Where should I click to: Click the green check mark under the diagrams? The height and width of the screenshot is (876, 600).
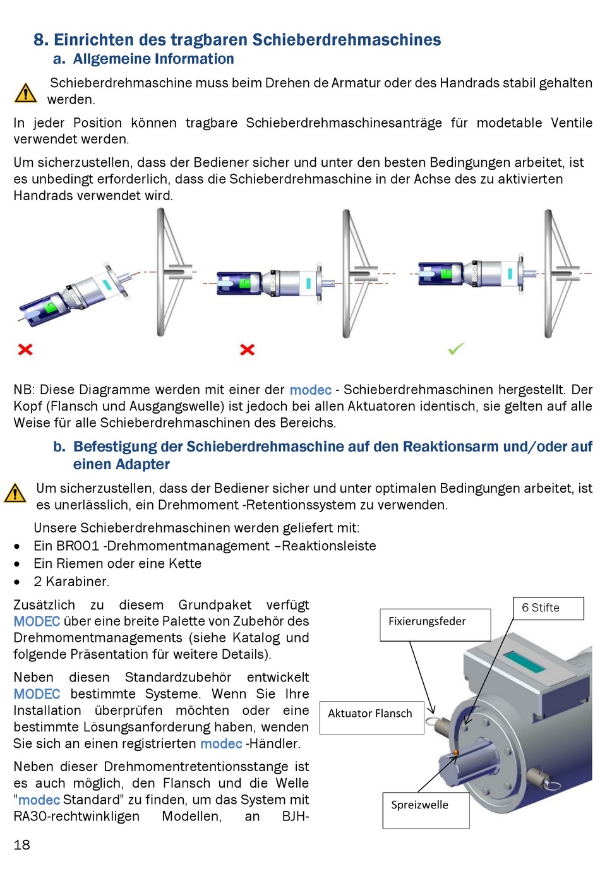tap(456, 348)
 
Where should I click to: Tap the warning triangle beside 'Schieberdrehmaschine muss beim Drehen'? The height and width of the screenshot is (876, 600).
tap(25, 93)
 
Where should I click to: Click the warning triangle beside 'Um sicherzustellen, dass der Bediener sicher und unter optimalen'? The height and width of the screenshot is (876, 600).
tap(15, 493)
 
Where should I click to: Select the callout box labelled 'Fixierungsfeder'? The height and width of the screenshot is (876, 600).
tap(435, 625)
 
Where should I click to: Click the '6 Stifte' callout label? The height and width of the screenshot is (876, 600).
tap(548, 608)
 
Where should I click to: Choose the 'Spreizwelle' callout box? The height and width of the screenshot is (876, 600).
tap(426, 810)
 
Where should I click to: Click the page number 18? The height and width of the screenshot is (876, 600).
tap(22, 845)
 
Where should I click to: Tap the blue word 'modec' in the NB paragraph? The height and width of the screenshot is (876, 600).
tap(311, 390)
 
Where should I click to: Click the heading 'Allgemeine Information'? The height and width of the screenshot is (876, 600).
tap(153, 59)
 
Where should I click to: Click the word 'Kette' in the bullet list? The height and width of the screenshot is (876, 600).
tap(185, 563)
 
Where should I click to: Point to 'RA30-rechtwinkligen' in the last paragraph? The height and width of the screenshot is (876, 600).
tap(76, 816)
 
